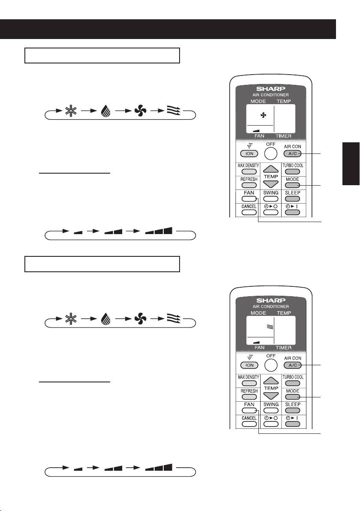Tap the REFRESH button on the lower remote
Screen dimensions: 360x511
249,397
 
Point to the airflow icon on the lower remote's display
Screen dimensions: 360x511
270,326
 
